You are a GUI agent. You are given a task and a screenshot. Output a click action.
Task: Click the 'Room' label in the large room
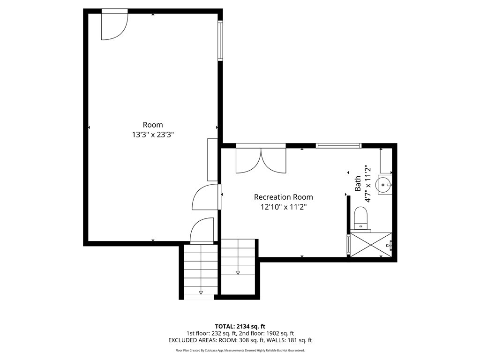(153, 125)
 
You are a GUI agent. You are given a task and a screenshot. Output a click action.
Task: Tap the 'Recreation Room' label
(283, 197)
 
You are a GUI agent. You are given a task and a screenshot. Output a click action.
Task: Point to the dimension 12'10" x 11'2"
(283, 207)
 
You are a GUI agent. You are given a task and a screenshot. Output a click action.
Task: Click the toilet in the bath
(361, 218)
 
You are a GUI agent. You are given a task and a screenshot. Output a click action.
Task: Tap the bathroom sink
(384, 185)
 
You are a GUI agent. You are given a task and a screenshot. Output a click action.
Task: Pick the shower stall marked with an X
(371, 245)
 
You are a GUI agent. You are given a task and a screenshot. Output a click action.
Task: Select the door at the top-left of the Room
(114, 24)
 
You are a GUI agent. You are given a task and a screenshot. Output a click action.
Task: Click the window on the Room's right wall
(220, 41)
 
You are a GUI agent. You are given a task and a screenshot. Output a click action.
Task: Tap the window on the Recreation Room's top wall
(339, 146)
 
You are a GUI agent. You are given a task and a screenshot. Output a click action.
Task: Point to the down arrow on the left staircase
(201, 292)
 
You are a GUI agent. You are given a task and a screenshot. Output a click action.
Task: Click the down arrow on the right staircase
(238, 272)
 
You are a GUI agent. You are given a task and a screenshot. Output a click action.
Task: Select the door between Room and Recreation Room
(206, 197)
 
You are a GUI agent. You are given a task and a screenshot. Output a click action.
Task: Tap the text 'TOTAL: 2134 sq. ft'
(240, 326)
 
